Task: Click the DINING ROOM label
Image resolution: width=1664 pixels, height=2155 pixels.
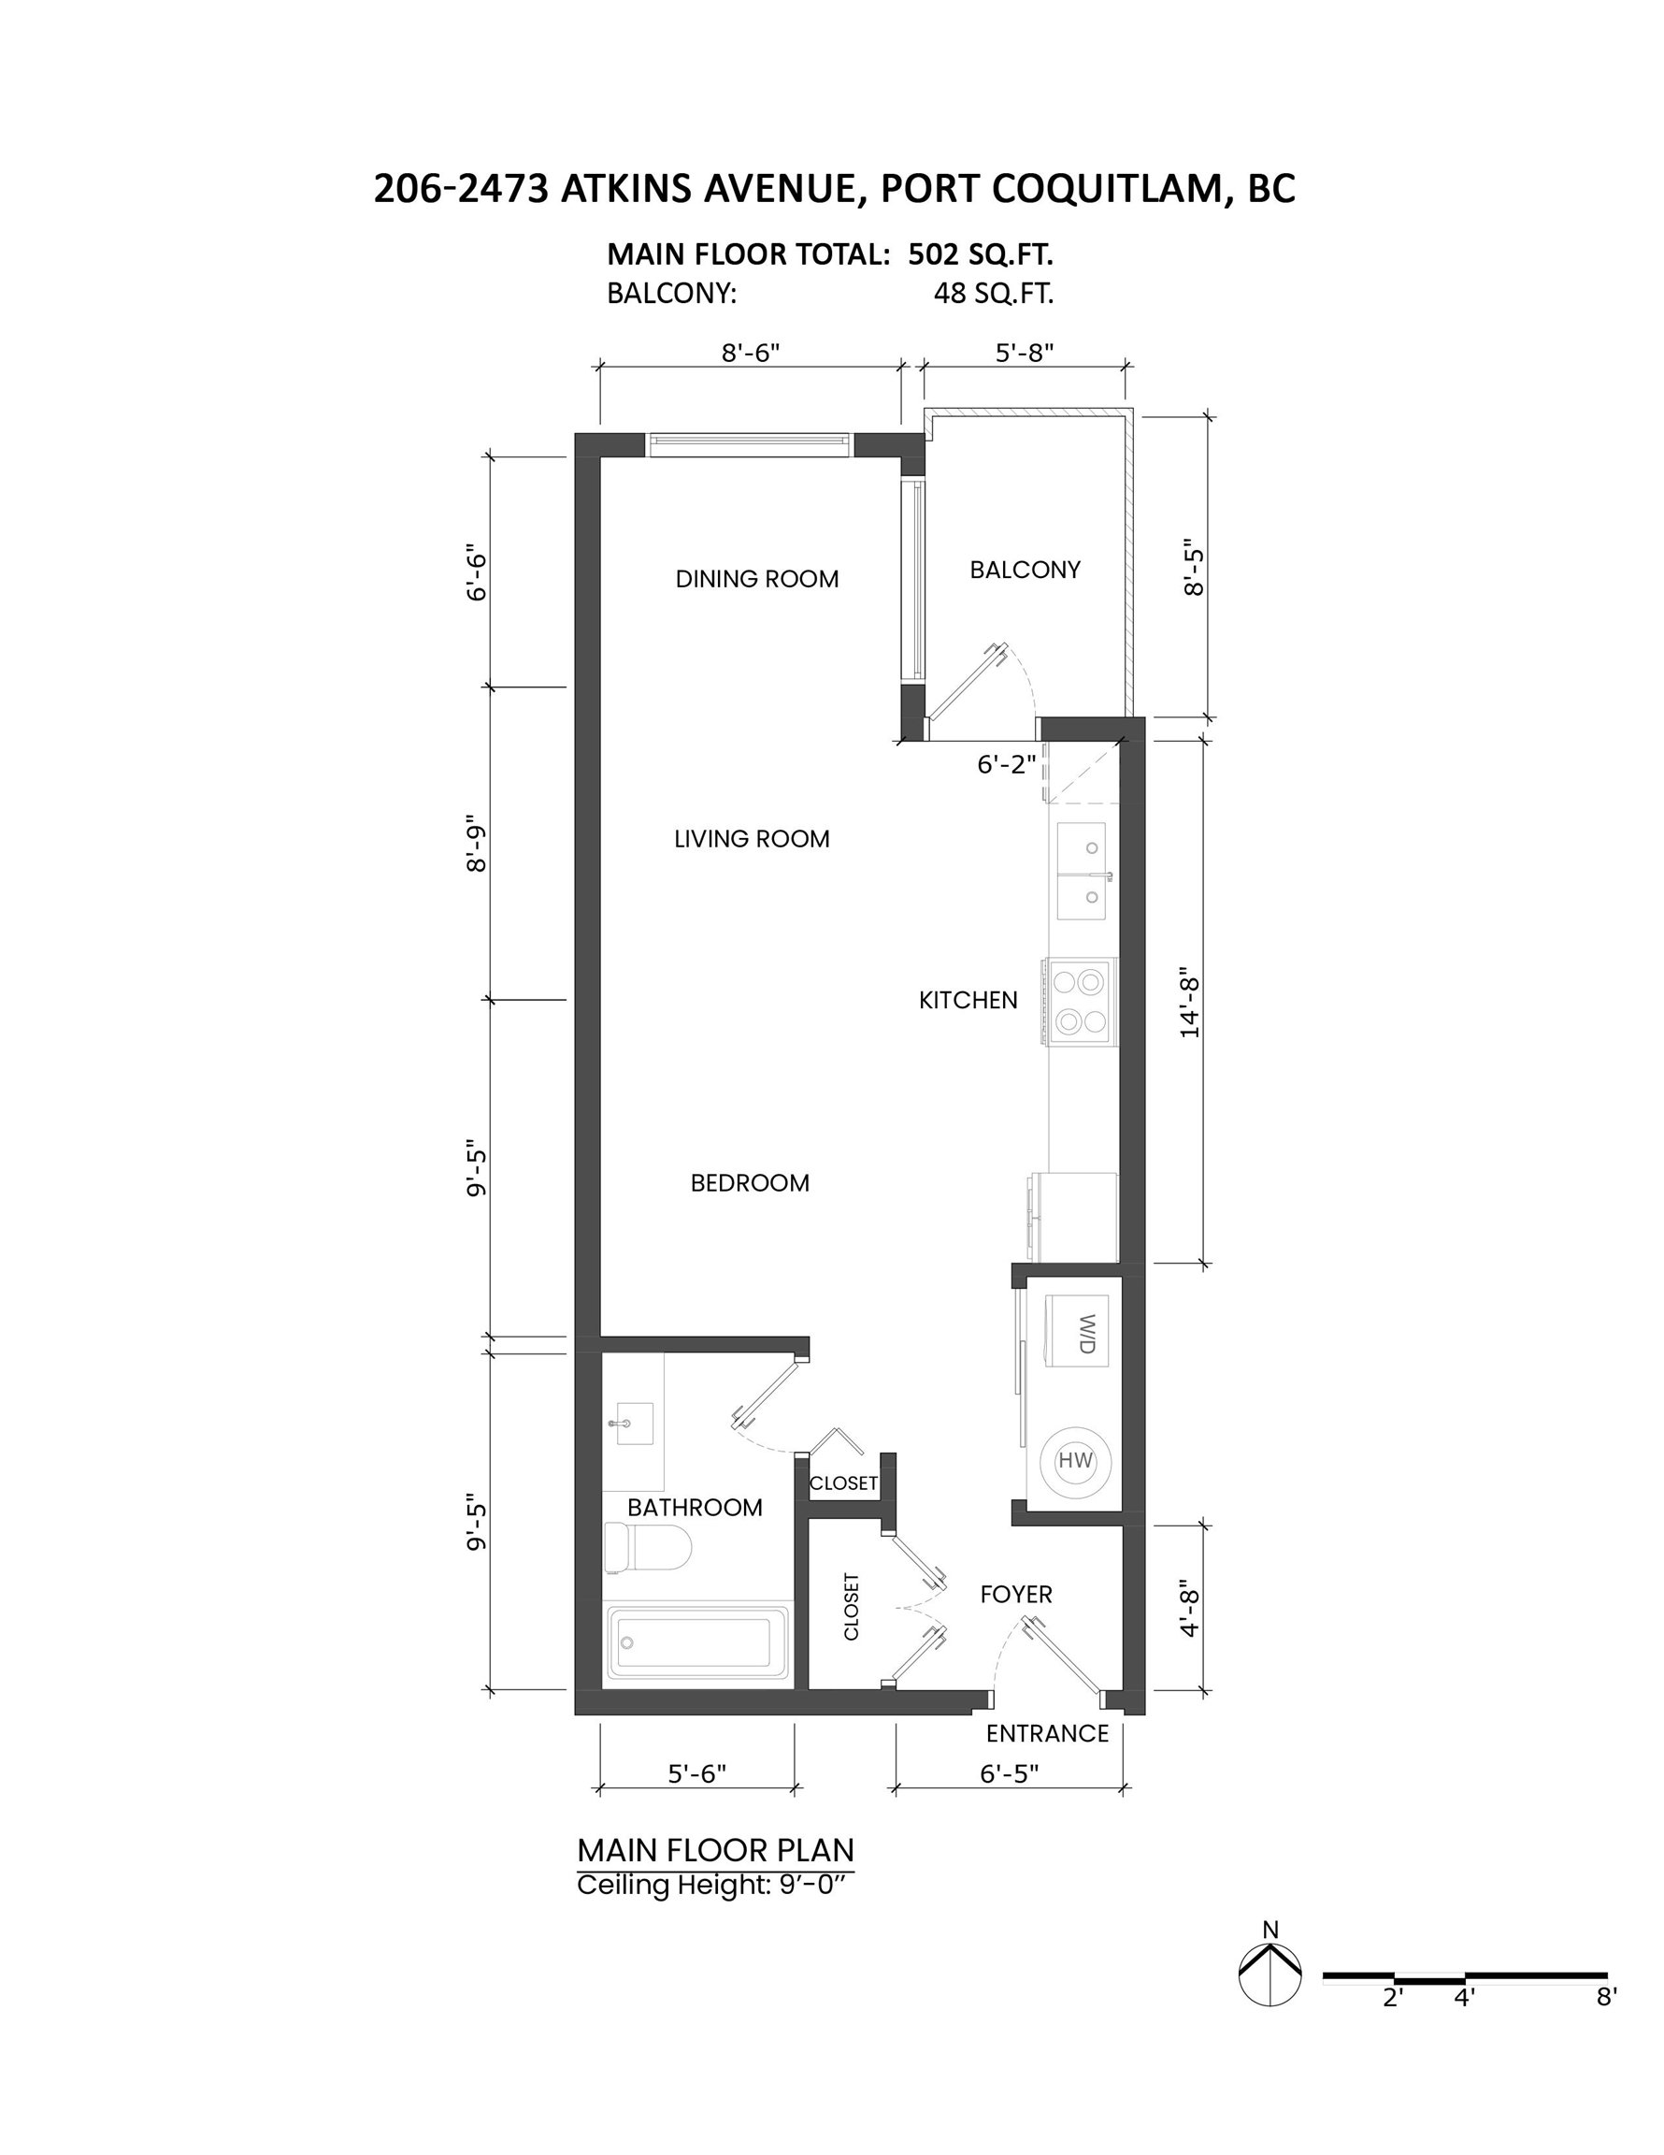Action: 756,579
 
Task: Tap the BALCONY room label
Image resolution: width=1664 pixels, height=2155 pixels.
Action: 1025,570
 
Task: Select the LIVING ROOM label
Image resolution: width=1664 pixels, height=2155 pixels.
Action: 752,839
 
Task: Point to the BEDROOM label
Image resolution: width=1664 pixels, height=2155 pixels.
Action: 750,1183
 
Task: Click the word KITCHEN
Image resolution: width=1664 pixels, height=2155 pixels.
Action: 968,1001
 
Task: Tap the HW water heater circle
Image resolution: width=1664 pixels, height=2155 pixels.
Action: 1076,1461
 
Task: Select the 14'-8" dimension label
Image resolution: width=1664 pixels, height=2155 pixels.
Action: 1191,1006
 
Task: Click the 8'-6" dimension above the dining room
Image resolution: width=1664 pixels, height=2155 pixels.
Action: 751,353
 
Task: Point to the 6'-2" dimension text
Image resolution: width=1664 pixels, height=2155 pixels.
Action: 1007,765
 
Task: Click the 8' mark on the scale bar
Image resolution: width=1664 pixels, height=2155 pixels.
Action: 1607,1997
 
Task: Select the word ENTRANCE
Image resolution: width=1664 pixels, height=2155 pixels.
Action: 1048,1732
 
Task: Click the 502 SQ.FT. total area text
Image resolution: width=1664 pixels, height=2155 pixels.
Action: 981,254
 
